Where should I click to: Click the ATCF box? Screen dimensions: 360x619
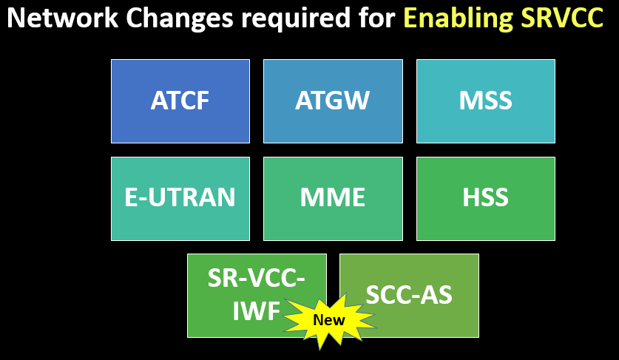pos(180,101)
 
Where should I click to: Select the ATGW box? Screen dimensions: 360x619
pos(333,101)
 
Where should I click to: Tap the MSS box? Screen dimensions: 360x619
pos(485,101)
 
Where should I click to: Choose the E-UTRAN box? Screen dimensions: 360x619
pos(180,198)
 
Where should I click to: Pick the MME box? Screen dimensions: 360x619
pos(333,198)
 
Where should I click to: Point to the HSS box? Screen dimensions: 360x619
pos(485,198)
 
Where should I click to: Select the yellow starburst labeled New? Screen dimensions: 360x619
pos(329,320)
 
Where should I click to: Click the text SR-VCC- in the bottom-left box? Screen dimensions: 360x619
pos(256,279)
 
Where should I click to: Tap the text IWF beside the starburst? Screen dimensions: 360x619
pos(256,311)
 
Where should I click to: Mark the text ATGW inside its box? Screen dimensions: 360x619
pos(333,101)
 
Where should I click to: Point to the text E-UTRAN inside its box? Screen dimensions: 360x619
pos(180,198)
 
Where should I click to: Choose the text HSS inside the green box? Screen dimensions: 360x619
pos(485,198)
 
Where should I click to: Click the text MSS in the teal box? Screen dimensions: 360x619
pos(485,101)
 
